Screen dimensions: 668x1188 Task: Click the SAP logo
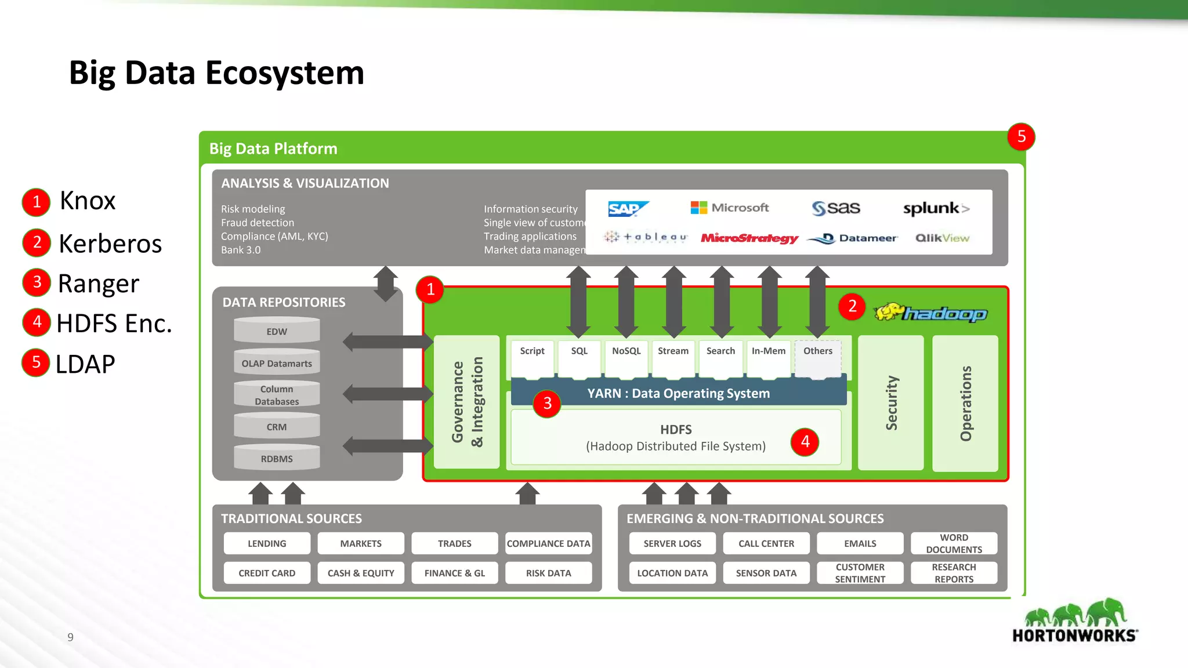(628, 209)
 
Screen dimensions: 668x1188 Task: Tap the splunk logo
(935, 209)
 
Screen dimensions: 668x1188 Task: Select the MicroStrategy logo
(749, 238)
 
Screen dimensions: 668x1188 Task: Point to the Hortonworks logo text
(1074, 636)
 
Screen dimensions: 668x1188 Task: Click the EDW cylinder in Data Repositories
(277, 331)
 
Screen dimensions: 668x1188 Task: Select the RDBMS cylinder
(277, 458)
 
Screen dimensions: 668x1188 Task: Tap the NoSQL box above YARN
(626, 351)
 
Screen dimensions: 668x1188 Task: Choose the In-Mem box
(768, 351)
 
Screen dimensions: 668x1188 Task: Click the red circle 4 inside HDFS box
(805, 442)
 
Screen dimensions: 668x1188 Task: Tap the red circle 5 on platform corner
(1021, 137)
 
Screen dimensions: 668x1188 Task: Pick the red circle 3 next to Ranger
(37, 282)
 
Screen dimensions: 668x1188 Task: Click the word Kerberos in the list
(110, 244)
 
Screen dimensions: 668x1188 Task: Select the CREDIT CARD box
(267, 573)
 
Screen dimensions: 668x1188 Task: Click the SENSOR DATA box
(766, 573)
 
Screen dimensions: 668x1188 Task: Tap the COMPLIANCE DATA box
(548, 543)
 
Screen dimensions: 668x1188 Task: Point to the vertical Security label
(891, 402)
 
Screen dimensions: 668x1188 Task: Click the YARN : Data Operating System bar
(678, 393)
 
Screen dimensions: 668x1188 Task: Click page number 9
(70, 637)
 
